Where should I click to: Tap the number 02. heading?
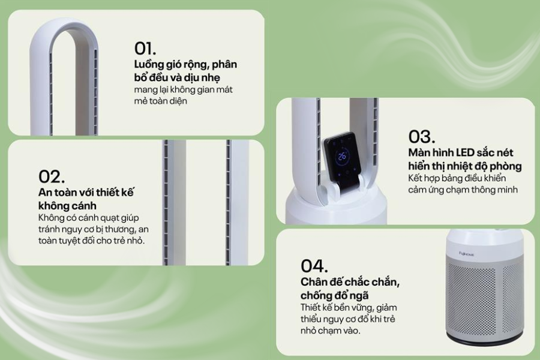[52, 176]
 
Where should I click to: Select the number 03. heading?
[422, 136]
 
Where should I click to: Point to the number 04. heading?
[314, 266]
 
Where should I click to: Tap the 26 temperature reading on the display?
[342, 156]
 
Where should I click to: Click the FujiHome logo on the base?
[467, 254]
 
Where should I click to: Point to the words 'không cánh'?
[67, 206]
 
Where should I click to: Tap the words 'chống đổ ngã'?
[334, 296]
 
